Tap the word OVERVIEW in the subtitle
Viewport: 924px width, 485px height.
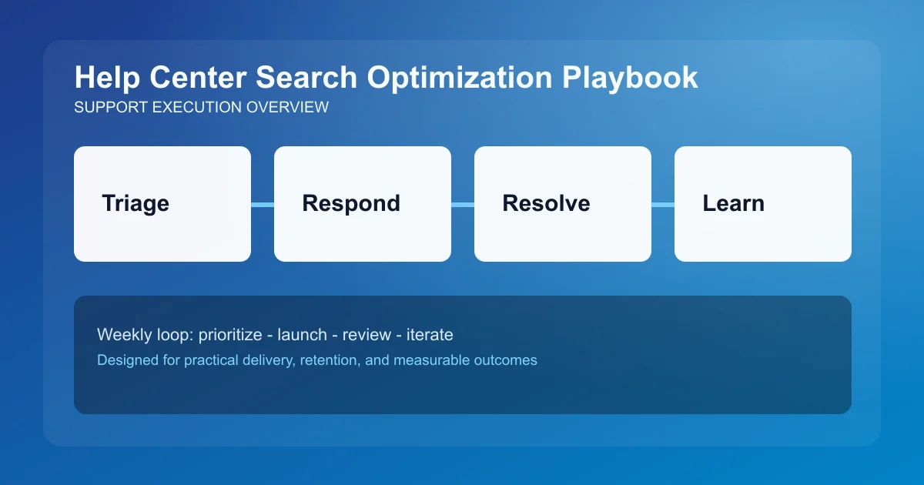287,107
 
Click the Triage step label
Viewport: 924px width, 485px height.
136,203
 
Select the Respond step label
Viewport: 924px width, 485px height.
351,203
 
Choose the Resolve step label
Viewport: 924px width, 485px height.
546,203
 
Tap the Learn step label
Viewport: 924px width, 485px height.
733,203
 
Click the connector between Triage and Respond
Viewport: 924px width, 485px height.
263,204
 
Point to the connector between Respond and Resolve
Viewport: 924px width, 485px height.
463,204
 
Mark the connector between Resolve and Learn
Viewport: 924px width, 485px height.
663,204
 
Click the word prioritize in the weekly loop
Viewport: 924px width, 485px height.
230,335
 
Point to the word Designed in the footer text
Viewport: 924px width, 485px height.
125,360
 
